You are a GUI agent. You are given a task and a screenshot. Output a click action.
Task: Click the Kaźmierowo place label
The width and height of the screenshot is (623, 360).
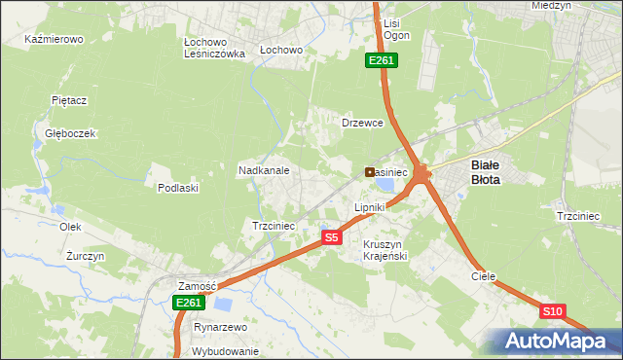55,40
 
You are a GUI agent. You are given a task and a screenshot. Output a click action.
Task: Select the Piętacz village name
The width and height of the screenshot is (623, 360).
70,100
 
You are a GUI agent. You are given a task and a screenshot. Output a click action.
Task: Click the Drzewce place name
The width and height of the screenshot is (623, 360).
363,124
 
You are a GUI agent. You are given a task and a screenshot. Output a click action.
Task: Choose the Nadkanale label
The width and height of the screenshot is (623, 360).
265,170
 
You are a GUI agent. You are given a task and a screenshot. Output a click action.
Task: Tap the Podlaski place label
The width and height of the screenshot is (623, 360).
178,188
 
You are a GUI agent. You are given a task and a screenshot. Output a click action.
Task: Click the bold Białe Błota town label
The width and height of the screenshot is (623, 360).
493,172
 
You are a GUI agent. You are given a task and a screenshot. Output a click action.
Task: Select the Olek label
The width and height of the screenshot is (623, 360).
69,227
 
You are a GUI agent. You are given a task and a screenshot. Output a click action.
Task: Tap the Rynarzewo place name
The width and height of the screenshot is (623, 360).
220,328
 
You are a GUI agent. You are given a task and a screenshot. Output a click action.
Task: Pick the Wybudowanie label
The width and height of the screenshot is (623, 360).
225,351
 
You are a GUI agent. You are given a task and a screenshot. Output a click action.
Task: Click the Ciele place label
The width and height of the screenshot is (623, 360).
484,276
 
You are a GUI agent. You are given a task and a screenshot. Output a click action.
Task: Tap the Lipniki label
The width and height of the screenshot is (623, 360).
370,207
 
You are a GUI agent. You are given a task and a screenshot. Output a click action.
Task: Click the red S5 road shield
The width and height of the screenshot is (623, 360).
332,237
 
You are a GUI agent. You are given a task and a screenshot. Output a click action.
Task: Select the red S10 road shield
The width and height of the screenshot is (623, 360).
552,311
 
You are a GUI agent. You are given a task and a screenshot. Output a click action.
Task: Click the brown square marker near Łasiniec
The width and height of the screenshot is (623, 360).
370,172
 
